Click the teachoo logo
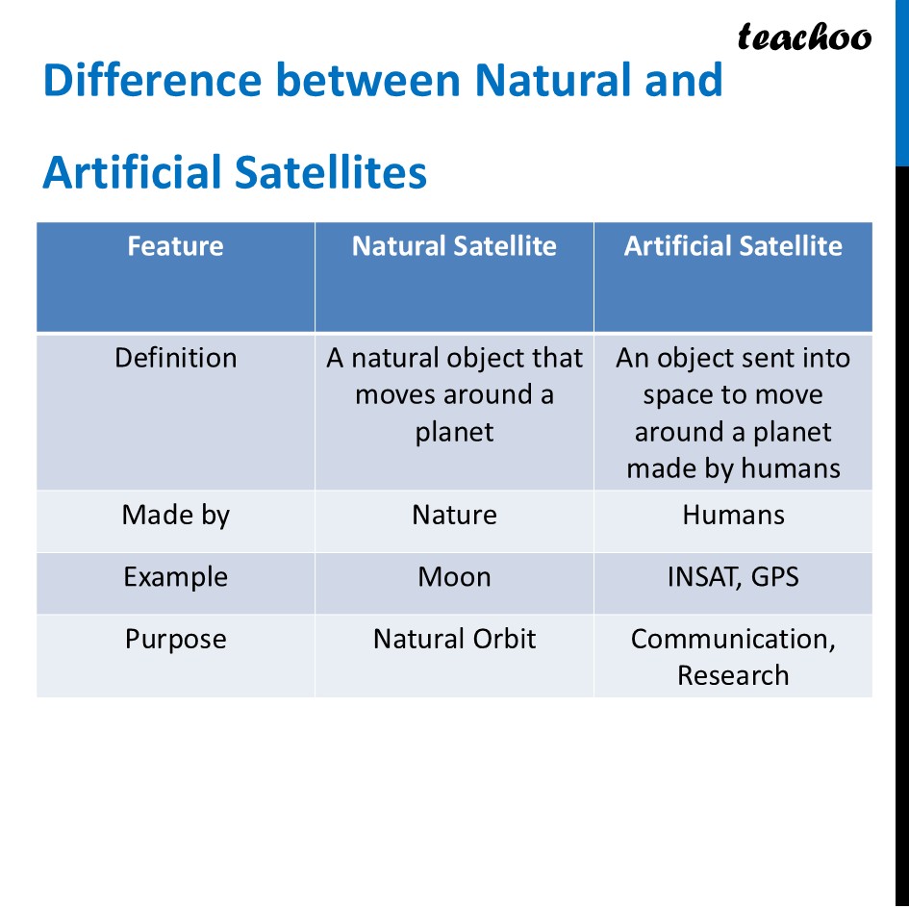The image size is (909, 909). click(x=804, y=38)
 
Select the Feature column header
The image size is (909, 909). click(x=175, y=246)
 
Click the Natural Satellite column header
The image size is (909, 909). click(x=454, y=246)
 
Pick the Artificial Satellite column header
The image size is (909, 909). click(x=733, y=246)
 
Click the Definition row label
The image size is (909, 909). click(x=175, y=358)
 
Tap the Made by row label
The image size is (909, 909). click(x=175, y=516)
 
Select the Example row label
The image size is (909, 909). click(x=175, y=577)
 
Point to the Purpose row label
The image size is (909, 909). click(x=175, y=640)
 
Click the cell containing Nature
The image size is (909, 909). click(x=454, y=516)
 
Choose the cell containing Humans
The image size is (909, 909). click(x=733, y=516)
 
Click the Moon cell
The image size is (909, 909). click(x=454, y=577)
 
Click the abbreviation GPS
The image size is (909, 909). click(x=774, y=577)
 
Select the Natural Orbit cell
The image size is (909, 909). click(x=454, y=640)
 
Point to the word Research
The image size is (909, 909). click(x=733, y=675)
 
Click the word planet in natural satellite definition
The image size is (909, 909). click(x=454, y=433)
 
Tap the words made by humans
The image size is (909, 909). click(x=733, y=468)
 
